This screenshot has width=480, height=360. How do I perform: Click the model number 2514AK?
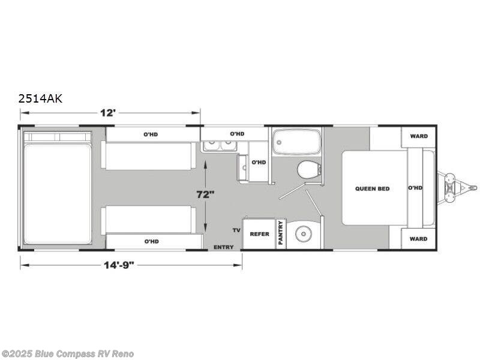[x=40, y=98]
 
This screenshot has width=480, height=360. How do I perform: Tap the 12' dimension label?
[x=108, y=113]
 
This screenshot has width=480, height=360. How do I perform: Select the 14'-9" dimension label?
[x=119, y=265]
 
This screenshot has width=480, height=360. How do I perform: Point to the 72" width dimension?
[x=205, y=194]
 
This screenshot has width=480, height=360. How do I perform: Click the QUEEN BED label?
[x=372, y=188]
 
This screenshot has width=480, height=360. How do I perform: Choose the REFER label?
[x=260, y=234]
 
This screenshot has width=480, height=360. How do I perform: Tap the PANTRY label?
[x=281, y=233]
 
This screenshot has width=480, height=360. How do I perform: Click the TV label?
[x=236, y=230]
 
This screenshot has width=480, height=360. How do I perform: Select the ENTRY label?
[x=223, y=247]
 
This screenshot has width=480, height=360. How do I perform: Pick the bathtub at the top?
[x=296, y=142]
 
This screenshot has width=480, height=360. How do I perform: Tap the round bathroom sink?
[x=304, y=234]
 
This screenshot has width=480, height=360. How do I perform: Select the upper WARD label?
[x=419, y=136]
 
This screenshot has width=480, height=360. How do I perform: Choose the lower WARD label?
[x=418, y=239]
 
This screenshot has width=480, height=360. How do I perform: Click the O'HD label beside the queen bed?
[x=415, y=188]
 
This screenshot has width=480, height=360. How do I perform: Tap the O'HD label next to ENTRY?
[x=152, y=241]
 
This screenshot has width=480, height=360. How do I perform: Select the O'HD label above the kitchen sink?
[x=237, y=134]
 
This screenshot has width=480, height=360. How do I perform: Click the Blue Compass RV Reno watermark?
[x=67, y=354]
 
